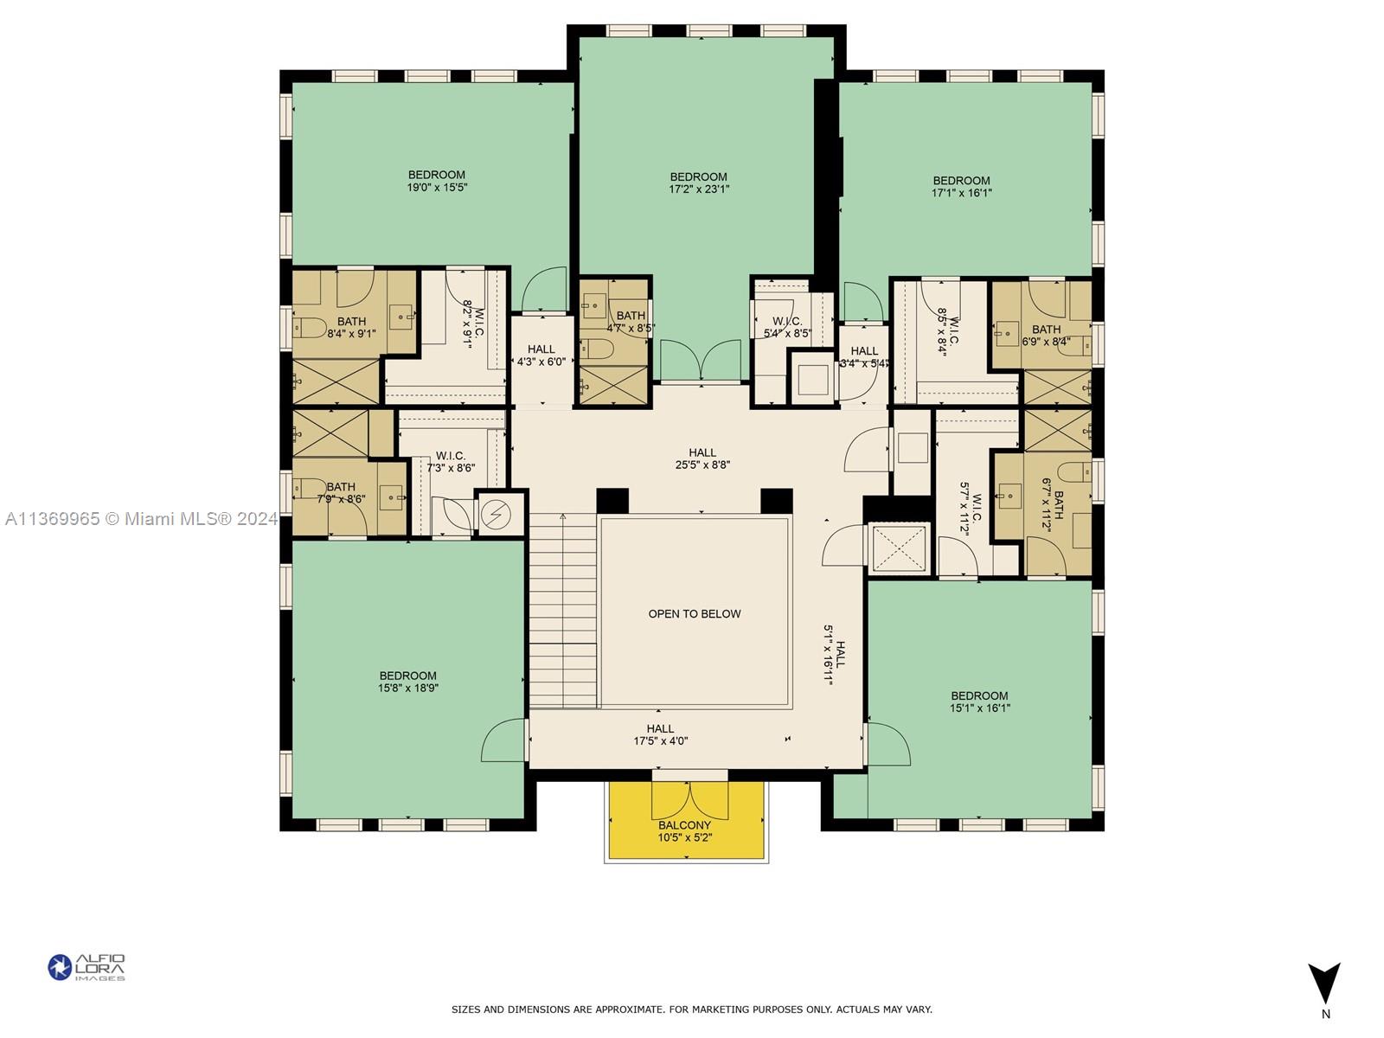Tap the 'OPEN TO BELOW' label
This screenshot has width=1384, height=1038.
pyautogui.click(x=695, y=614)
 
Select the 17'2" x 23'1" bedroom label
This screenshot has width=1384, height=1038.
pyautogui.click(x=699, y=183)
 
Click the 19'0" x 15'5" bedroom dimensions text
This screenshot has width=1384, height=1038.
pyautogui.click(x=437, y=188)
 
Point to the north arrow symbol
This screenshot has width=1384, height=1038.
pyautogui.click(x=1323, y=984)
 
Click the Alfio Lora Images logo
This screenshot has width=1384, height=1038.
pyautogui.click(x=86, y=967)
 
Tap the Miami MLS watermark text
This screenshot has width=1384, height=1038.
pyautogui.click(x=141, y=519)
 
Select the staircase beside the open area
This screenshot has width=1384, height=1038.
pyautogui.click(x=563, y=610)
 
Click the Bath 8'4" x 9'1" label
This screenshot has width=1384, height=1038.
pyautogui.click(x=351, y=327)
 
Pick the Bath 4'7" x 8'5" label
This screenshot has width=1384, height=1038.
pyautogui.click(x=631, y=322)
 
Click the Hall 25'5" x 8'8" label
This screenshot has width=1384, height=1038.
pyautogui.click(x=702, y=458)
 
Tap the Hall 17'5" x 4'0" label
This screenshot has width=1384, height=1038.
pyautogui.click(x=660, y=734)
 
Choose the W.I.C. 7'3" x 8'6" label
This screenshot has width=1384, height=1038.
pyautogui.click(x=451, y=462)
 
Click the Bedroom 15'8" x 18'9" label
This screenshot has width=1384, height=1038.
pyautogui.click(x=407, y=682)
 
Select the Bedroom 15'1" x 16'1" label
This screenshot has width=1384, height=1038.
pyautogui.click(x=979, y=702)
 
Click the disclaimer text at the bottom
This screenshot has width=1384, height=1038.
pyautogui.click(x=692, y=1009)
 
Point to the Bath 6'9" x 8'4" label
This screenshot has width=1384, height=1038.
pyautogui.click(x=1046, y=335)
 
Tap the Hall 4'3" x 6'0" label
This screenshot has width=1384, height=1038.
pyautogui.click(x=541, y=356)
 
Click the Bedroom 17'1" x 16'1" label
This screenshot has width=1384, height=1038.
pyautogui.click(x=961, y=187)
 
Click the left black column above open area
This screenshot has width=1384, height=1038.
pyautogui.click(x=612, y=501)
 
